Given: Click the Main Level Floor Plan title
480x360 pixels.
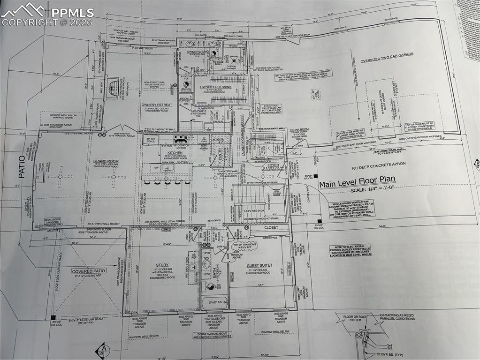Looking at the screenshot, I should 357,181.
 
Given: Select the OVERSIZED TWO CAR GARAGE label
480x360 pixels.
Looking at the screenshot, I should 387,54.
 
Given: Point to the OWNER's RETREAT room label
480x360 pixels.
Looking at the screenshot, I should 158,105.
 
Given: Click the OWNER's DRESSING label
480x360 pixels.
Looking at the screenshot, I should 215,87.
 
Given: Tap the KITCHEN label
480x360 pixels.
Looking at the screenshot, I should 175,153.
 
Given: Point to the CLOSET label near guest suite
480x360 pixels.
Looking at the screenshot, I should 271,227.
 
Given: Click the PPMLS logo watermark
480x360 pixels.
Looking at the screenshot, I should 47,14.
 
